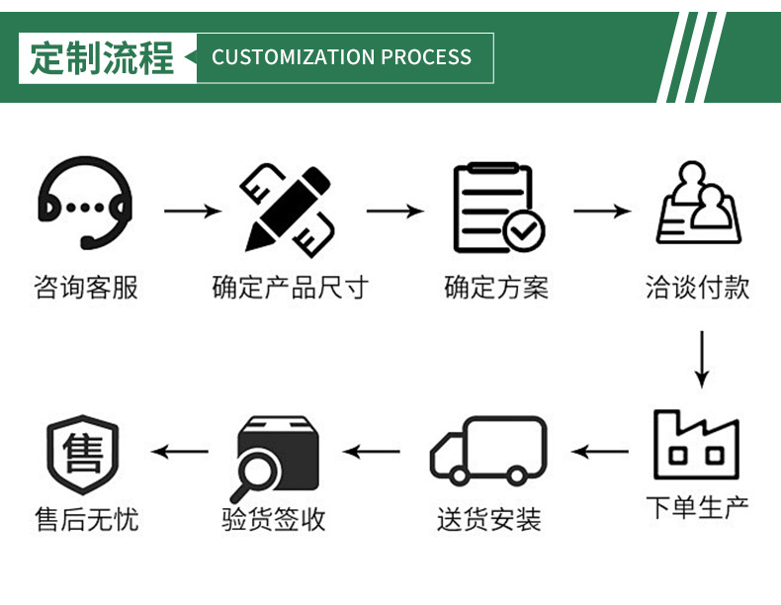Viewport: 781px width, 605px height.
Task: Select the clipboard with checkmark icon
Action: [496, 209]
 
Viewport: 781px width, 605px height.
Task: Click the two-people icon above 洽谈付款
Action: [698, 205]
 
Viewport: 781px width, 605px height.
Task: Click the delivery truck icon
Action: [489, 452]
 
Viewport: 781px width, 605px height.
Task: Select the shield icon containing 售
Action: [83, 454]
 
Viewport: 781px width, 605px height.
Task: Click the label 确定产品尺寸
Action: [290, 289]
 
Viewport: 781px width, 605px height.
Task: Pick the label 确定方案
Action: [496, 289]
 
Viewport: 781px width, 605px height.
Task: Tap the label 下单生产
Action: [698, 508]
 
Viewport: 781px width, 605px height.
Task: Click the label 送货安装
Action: [489, 520]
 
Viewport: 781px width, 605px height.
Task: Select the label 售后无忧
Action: [86, 520]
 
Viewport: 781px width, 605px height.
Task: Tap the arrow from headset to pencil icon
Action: [192, 211]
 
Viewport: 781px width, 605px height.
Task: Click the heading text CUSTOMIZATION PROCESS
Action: [341, 57]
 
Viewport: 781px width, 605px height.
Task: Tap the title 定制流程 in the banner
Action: [102, 57]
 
